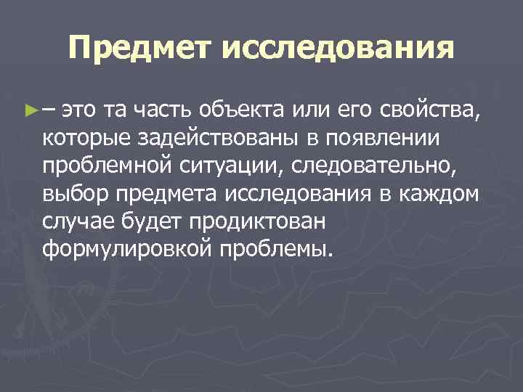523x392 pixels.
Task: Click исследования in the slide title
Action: (x=336, y=49)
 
